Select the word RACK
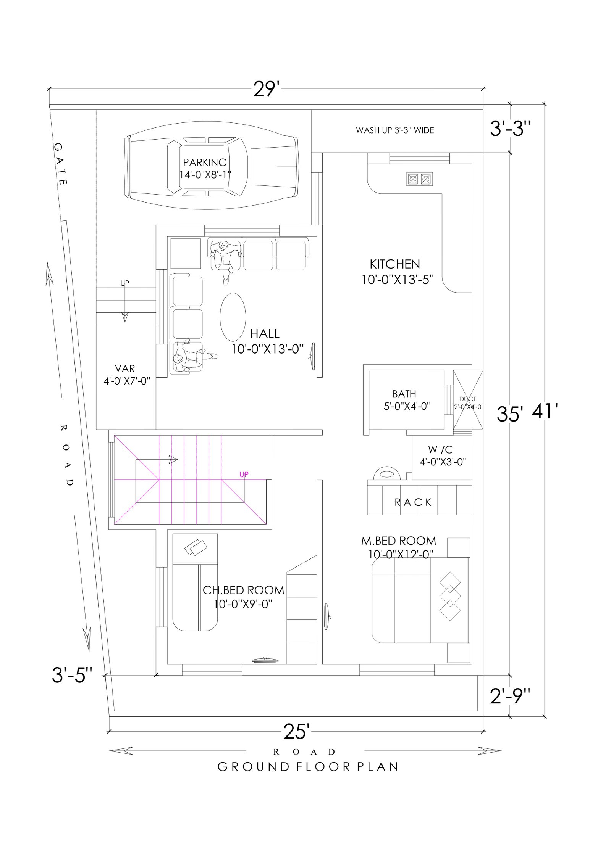pos(413,502)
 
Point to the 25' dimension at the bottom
pos(296,731)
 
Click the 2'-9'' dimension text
pos(510,697)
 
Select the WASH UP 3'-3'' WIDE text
pos(395,130)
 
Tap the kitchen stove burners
pos(419,179)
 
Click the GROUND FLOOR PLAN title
pos(308,767)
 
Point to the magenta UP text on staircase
pos(244,475)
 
